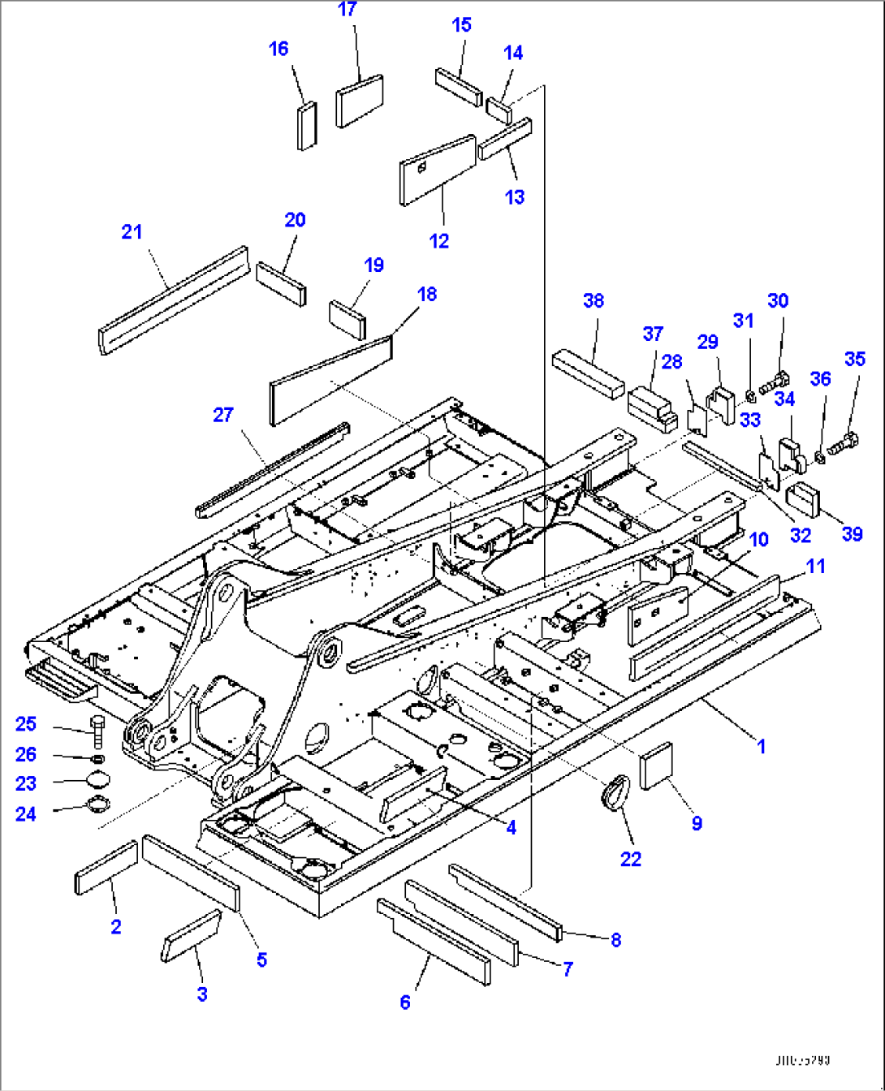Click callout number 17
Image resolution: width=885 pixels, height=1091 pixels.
tap(348, 10)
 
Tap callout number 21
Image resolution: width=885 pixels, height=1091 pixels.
tap(132, 232)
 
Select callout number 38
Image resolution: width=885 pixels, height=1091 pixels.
tap(594, 301)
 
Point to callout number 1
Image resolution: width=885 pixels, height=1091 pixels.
tap(761, 745)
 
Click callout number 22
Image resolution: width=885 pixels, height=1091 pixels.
tap(631, 859)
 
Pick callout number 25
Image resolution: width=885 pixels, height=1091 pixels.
tap(26, 724)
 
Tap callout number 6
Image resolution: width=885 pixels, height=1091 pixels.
tap(405, 1003)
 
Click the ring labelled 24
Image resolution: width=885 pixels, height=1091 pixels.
tap(97, 806)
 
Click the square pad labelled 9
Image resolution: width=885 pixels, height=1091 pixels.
tap(656, 765)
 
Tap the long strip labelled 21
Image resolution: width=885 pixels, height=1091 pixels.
tap(172, 300)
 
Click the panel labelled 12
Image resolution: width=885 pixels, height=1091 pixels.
tap(437, 170)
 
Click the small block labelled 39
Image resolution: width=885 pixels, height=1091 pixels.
tap(806, 498)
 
